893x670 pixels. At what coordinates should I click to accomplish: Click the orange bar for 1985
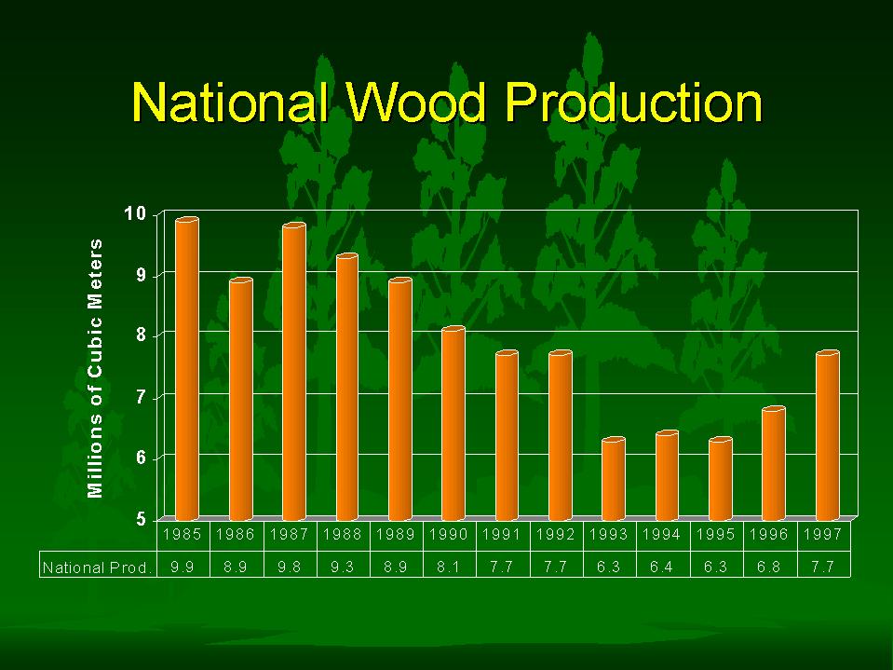click(x=187, y=369)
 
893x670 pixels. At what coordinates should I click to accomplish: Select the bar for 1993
click(x=614, y=479)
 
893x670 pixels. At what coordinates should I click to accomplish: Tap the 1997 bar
click(x=828, y=436)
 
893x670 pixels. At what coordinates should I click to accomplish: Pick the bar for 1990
click(x=453, y=424)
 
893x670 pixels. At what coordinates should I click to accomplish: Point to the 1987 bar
click(x=294, y=372)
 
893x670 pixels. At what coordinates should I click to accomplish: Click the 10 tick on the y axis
click(x=136, y=214)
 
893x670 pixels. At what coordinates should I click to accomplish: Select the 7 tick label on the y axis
click(x=141, y=397)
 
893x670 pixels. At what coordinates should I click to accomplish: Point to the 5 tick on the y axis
click(x=141, y=520)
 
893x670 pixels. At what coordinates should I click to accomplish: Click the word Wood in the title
click(x=415, y=103)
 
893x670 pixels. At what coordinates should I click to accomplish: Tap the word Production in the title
click(x=633, y=103)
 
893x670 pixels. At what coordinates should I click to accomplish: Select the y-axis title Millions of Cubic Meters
click(x=95, y=369)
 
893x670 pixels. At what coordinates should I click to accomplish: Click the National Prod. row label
click(x=98, y=567)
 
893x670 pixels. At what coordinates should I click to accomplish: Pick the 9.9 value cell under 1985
click(x=183, y=567)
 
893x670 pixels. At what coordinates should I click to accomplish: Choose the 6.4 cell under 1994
click(x=662, y=567)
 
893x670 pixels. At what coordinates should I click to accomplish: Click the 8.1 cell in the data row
click(x=449, y=567)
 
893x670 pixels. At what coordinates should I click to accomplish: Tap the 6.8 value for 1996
click(x=769, y=567)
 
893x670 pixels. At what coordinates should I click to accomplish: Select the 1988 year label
click(x=343, y=534)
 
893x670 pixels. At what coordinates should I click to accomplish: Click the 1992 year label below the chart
click(x=556, y=534)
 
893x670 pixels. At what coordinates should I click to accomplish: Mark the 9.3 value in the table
click(x=343, y=567)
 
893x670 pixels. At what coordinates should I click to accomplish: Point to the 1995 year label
click(x=716, y=534)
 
